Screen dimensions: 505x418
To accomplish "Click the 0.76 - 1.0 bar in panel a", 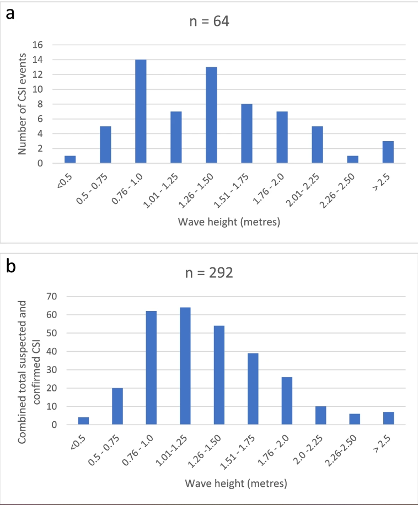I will (141, 111).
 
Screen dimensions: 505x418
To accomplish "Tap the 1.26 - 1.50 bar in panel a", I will (211, 115).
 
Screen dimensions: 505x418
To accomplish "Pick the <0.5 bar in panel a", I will (70, 159).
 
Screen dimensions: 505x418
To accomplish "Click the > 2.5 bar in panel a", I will (388, 152).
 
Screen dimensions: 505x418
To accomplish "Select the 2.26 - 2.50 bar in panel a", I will (352, 159).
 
